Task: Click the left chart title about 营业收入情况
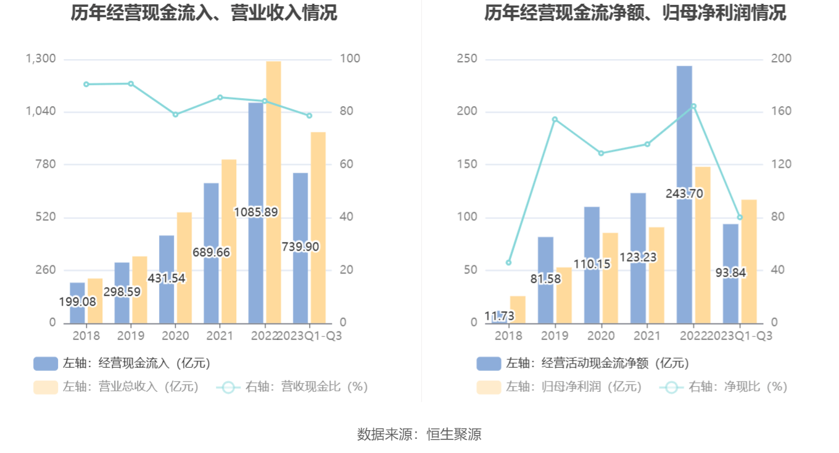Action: [204, 13]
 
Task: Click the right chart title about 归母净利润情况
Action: [635, 13]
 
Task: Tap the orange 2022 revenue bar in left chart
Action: [273, 191]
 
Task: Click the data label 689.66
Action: [211, 252]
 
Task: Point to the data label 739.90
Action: [300, 246]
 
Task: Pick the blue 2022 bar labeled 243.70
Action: [684, 154]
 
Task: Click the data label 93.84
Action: [730, 272]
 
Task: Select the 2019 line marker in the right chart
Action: [555, 119]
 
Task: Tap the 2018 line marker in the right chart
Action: [508, 262]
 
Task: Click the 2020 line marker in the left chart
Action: [175, 114]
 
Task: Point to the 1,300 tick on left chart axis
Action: [41, 59]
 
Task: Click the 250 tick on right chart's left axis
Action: [467, 59]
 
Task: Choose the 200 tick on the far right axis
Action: [782, 59]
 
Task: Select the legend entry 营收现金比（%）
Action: [292, 387]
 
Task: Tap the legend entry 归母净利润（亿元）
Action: [560, 387]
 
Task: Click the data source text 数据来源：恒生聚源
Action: [419, 434]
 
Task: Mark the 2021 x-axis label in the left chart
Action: [220, 336]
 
